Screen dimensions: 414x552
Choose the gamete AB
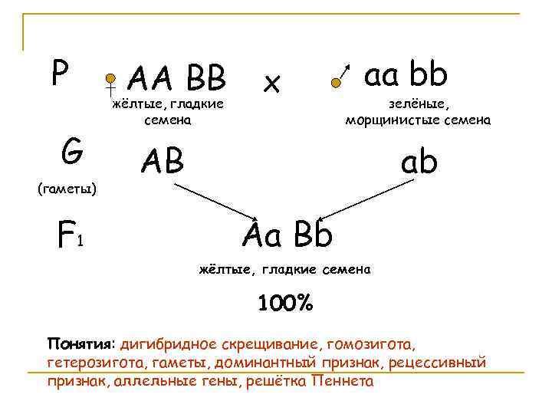click(x=162, y=160)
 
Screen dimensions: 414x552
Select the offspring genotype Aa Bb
click(x=287, y=234)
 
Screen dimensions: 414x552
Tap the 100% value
click(x=284, y=304)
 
